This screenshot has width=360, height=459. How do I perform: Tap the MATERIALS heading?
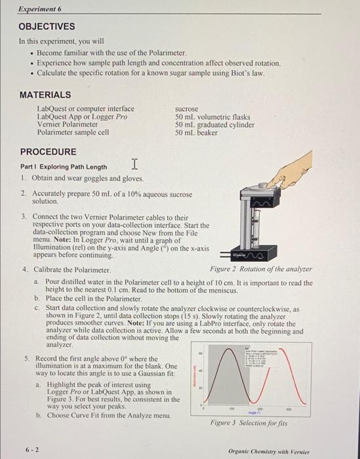(45, 94)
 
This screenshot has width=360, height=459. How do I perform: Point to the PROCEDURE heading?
(48, 151)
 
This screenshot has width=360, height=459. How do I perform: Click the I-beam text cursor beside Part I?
(134, 163)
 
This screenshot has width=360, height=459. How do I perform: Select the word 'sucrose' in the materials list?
(186, 109)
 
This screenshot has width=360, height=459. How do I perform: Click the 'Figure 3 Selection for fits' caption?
(244, 424)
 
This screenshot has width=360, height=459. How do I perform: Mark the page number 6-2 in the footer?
(31, 450)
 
